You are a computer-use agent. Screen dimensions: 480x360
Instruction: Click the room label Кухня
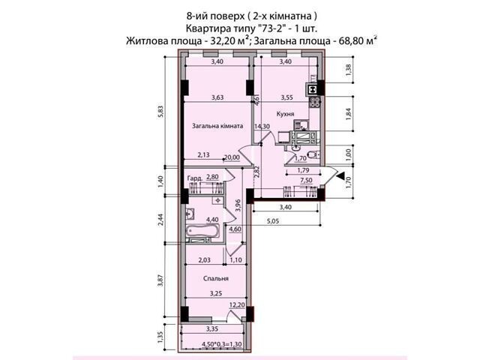(x=285, y=114)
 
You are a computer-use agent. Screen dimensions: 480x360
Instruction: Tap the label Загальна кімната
(x=217, y=126)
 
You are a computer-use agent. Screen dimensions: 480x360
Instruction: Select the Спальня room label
(x=216, y=278)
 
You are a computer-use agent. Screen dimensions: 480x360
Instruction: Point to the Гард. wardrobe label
(x=195, y=178)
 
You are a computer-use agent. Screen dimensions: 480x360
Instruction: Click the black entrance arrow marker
(x=340, y=175)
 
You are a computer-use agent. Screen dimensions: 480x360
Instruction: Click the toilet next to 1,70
(x=313, y=155)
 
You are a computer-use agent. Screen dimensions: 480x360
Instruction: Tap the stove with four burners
(x=315, y=102)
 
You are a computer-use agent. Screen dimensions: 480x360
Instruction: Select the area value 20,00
(x=232, y=157)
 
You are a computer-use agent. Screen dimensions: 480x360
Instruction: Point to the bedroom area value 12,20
(x=238, y=305)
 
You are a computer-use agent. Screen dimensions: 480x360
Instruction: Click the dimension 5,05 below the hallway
(x=271, y=221)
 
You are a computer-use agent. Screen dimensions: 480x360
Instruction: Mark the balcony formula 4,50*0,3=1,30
(x=222, y=344)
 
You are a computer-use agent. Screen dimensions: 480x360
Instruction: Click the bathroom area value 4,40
(x=212, y=220)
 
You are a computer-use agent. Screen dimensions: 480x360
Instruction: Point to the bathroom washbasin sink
(x=190, y=213)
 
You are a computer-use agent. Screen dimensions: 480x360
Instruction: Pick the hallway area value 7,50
(x=306, y=180)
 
